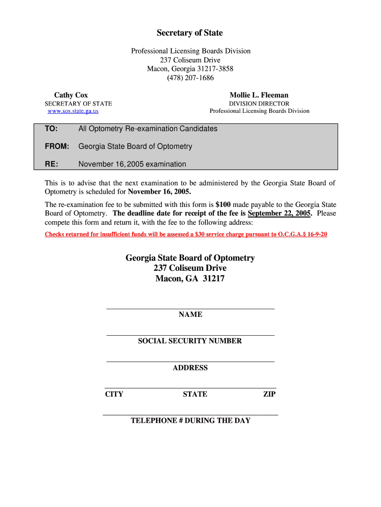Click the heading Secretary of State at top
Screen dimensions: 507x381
pos(190,33)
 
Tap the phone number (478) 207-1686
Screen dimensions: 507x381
pos(190,78)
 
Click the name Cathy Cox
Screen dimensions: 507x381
pos(71,95)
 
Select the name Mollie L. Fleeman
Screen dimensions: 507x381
pos(259,95)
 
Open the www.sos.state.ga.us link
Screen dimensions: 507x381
pos(73,111)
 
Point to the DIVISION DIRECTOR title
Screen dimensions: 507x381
pos(259,103)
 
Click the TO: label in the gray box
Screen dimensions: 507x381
pos(51,129)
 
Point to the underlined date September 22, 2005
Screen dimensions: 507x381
pos(280,213)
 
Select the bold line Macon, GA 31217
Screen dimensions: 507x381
pos(190,279)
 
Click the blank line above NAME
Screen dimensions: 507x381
pos(190,308)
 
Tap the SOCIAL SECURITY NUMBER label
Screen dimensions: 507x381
pos(190,341)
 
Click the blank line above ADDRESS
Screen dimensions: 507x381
pos(190,361)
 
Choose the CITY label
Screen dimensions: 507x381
pos(114,395)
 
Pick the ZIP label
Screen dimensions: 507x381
pos(269,395)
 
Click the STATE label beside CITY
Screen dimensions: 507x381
pos(195,395)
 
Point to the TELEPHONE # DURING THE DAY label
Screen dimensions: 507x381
pos(190,421)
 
